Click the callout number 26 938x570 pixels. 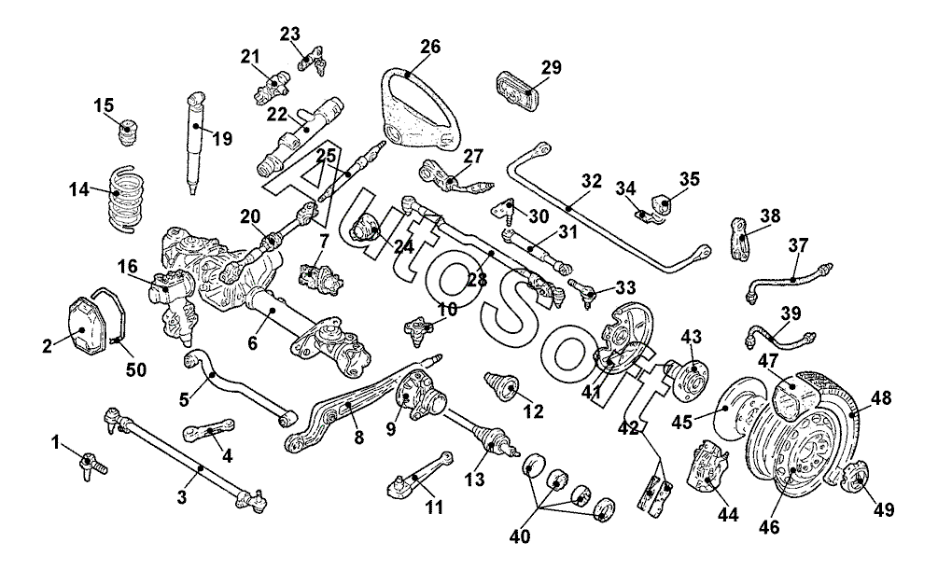pyautogui.click(x=429, y=46)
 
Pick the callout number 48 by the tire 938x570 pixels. pyautogui.click(x=881, y=398)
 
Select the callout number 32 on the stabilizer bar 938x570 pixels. pyautogui.click(x=592, y=180)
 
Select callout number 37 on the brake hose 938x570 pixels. pyautogui.click(x=797, y=246)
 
